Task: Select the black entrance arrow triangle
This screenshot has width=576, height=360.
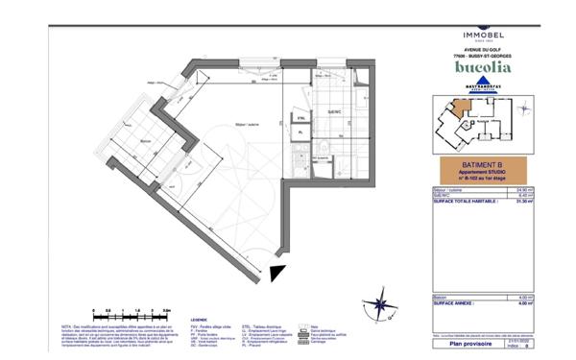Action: pyautogui.click(x=277, y=273)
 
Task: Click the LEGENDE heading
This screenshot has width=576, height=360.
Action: pyautogui.click(x=200, y=318)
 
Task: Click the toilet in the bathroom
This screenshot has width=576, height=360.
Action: pyautogui.click(x=325, y=149)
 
